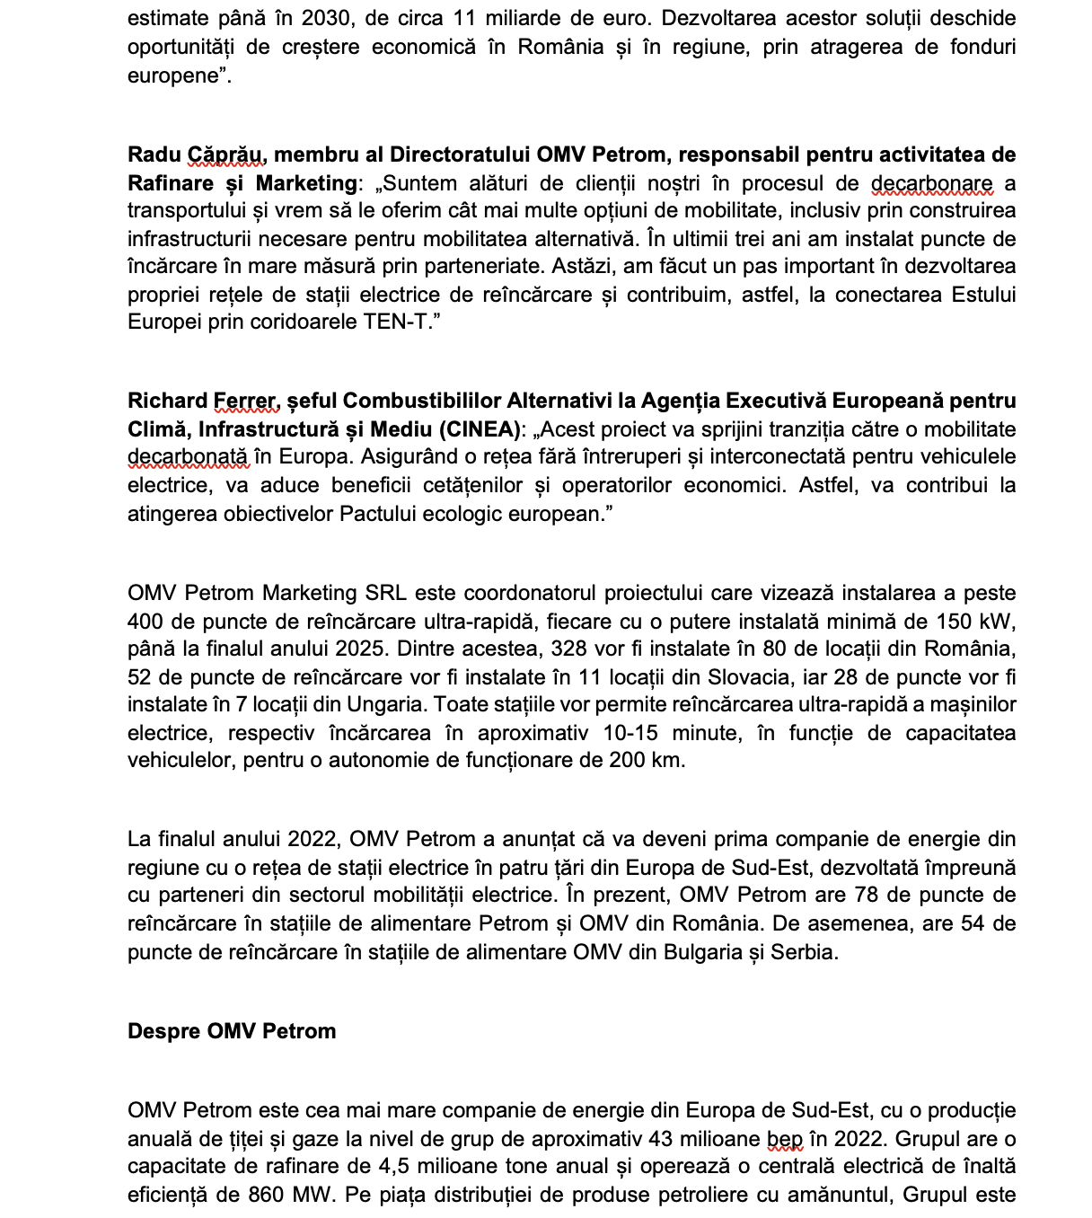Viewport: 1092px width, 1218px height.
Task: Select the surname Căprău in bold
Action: [x=225, y=154]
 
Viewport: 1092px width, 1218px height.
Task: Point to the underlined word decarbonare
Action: [x=931, y=183]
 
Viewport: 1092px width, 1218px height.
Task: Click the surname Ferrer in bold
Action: [x=244, y=401]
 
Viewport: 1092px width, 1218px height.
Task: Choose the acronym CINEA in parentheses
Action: [x=483, y=429]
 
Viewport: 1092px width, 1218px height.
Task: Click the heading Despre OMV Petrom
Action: [x=232, y=1031]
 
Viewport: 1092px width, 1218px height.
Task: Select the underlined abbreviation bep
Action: [x=784, y=1139]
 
